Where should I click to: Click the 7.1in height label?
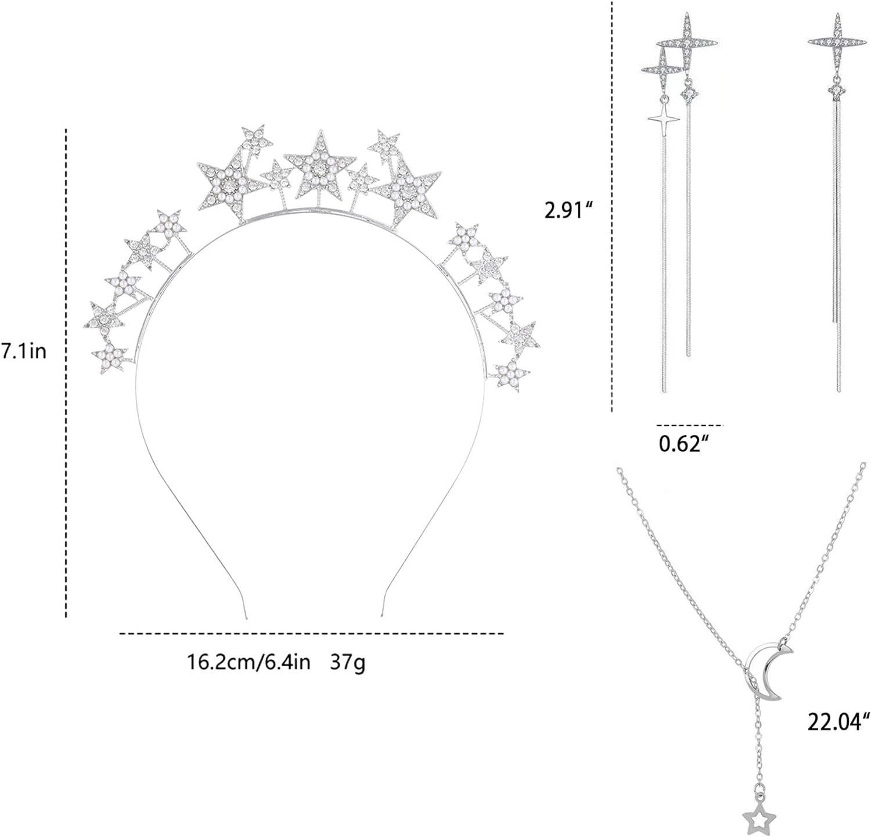[23, 351]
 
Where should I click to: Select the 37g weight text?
[348, 662]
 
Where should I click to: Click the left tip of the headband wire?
[246, 619]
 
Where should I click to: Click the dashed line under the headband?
[311, 634]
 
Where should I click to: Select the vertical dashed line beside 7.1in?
[67, 372]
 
